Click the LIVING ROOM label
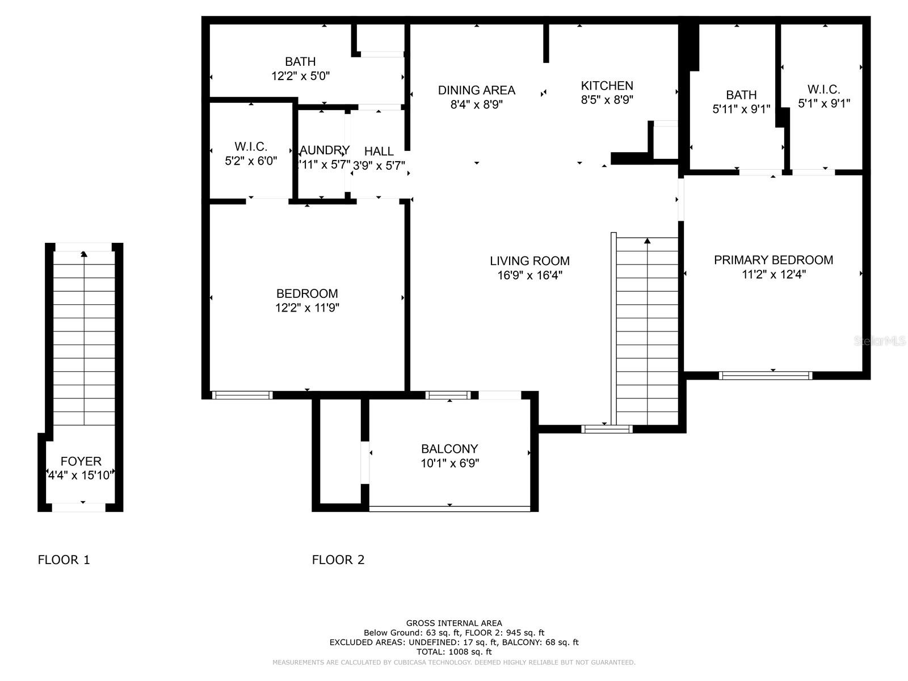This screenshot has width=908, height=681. (x=529, y=261)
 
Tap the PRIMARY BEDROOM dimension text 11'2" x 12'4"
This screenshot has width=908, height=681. (x=774, y=275)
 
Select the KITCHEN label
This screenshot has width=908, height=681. (x=607, y=86)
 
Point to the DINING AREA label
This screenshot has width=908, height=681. (x=476, y=90)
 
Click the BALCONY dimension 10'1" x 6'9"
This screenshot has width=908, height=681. (x=449, y=463)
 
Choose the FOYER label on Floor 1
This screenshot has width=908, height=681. (x=81, y=461)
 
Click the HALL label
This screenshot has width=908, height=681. (x=379, y=152)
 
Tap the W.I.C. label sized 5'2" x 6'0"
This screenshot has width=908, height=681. (x=251, y=146)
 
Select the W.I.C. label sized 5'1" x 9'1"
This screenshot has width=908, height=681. (x=823, y=89)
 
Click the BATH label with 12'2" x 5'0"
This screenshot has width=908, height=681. (x=300, y=61)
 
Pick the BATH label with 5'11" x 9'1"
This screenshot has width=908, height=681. (x=741, y=95)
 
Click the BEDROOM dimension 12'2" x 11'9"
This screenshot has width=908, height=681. (x=307, y=308)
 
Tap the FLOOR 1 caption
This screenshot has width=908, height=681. (x=64, y=560)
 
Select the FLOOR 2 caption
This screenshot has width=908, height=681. (x=338, y=560)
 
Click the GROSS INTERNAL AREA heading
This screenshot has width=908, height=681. (x=453, y=623)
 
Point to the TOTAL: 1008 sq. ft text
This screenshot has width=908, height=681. (x=453, y=652)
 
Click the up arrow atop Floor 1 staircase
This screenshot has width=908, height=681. (x=84, y=254)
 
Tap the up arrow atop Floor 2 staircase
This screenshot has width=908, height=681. (x=647, y=241)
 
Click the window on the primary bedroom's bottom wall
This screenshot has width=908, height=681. (x=765, y=375)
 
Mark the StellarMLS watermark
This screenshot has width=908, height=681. (x=880, y=341)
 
